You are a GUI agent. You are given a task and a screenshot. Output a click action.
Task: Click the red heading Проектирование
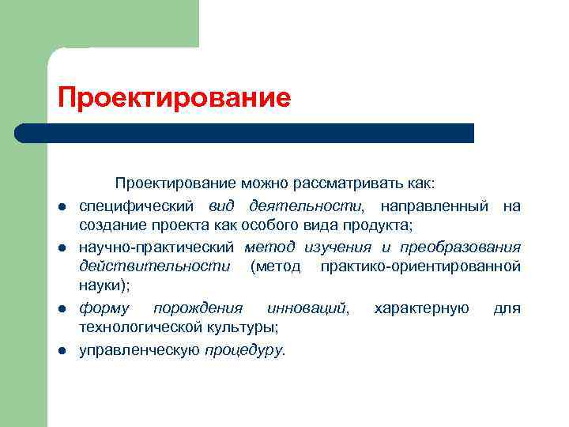(174, 98)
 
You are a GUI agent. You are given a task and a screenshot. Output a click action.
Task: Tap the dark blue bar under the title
(245, 133)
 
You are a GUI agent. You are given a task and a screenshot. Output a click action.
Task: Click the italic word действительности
(155, 266)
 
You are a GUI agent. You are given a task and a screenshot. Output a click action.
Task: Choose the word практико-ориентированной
(420, 266)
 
